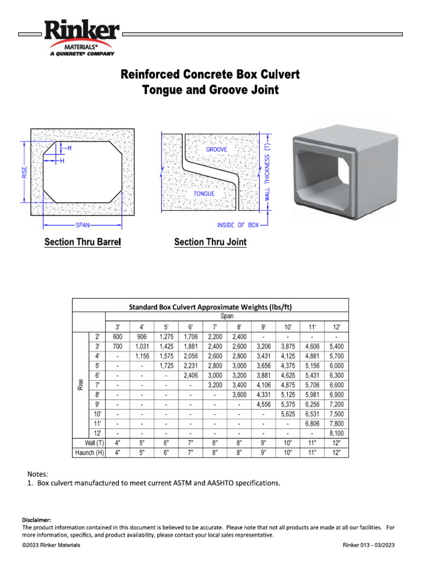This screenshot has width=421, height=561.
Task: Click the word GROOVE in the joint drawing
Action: pyautogui.click(x=217, y=150)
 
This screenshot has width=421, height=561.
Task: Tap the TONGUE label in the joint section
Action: pyautogui.click(x=203, y=193)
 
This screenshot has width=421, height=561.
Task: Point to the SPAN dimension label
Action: pyautogui.click(x=83, y=225)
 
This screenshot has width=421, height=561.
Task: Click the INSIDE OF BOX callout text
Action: pyautogui.click(x=238, y=225)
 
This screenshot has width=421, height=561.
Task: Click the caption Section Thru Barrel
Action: pyautogui.click(x=82, y=242)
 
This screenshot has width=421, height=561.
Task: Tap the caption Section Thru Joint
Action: pyautogui.click(x=210, y=242)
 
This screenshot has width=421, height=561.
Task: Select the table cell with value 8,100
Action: pyautogui.click(x=335, y=433)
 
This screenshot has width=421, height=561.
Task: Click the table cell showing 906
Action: pyautogui.click(x=142, y=337)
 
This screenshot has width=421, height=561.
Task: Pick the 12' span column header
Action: pyautogui.click(x=335, y=327)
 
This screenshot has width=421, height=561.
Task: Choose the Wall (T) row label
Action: pyautogui.click(x=89, y=443)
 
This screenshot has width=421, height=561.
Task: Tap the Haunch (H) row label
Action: pyautogui.click(x=89, y=453)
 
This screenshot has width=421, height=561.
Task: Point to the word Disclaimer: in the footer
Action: pyautogui.click(x=36, y=519)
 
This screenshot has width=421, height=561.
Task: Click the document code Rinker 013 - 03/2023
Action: pyautogui.click(x=368, y=545)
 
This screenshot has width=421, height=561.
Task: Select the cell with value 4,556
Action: pyautogui.click(x=263, y=404)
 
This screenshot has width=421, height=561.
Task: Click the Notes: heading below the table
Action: pyautogui.click(x=38, y=473)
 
